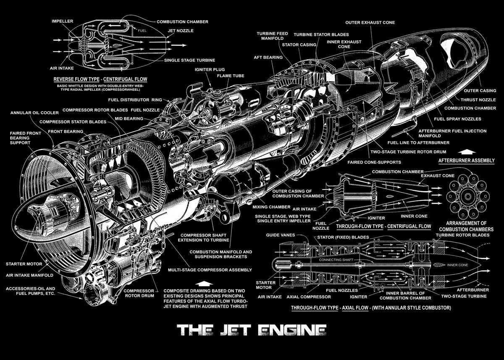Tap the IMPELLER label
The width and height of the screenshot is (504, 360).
[x=62, y=21]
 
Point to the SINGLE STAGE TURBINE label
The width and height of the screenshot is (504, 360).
[x=189, y=60]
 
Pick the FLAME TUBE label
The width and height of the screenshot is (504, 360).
[x=228, y=76]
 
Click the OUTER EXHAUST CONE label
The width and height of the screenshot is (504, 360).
[x=370, y=22]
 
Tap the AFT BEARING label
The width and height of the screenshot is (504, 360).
[x=268, y=57]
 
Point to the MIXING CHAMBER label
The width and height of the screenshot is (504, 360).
[x=271, y=207]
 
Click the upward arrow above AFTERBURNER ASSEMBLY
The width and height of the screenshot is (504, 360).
[x=467, y=152]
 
